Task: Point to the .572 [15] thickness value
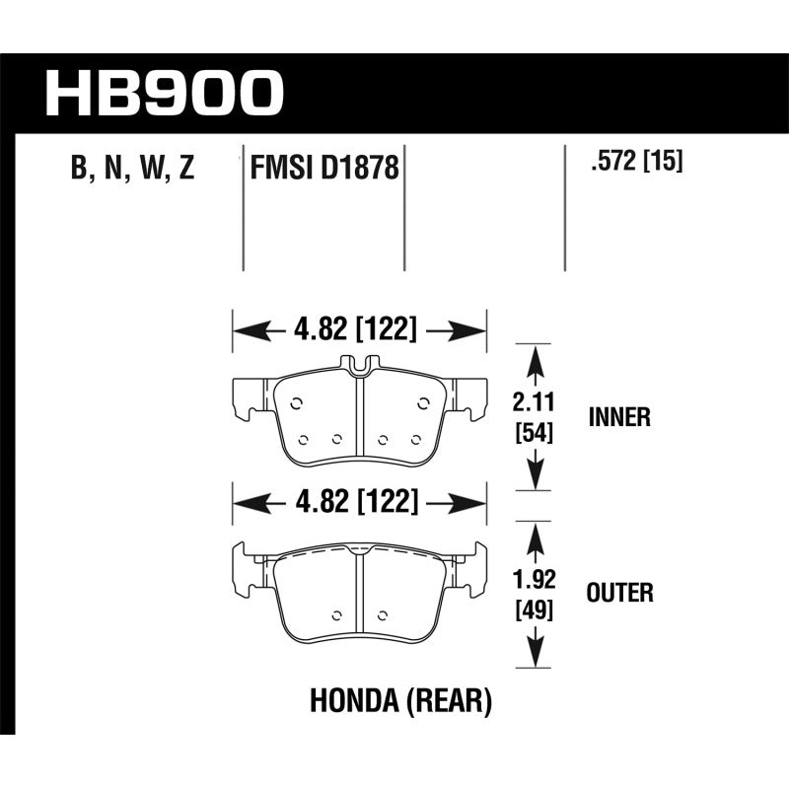[635, 161]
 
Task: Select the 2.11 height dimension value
[534, 401]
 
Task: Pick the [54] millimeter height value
[534, 430]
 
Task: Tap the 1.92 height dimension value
[534, 580]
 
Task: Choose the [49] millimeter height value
[534, 610]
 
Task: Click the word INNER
[618, 416]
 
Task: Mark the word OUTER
[619, 594]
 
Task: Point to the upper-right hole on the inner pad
[423, 401]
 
